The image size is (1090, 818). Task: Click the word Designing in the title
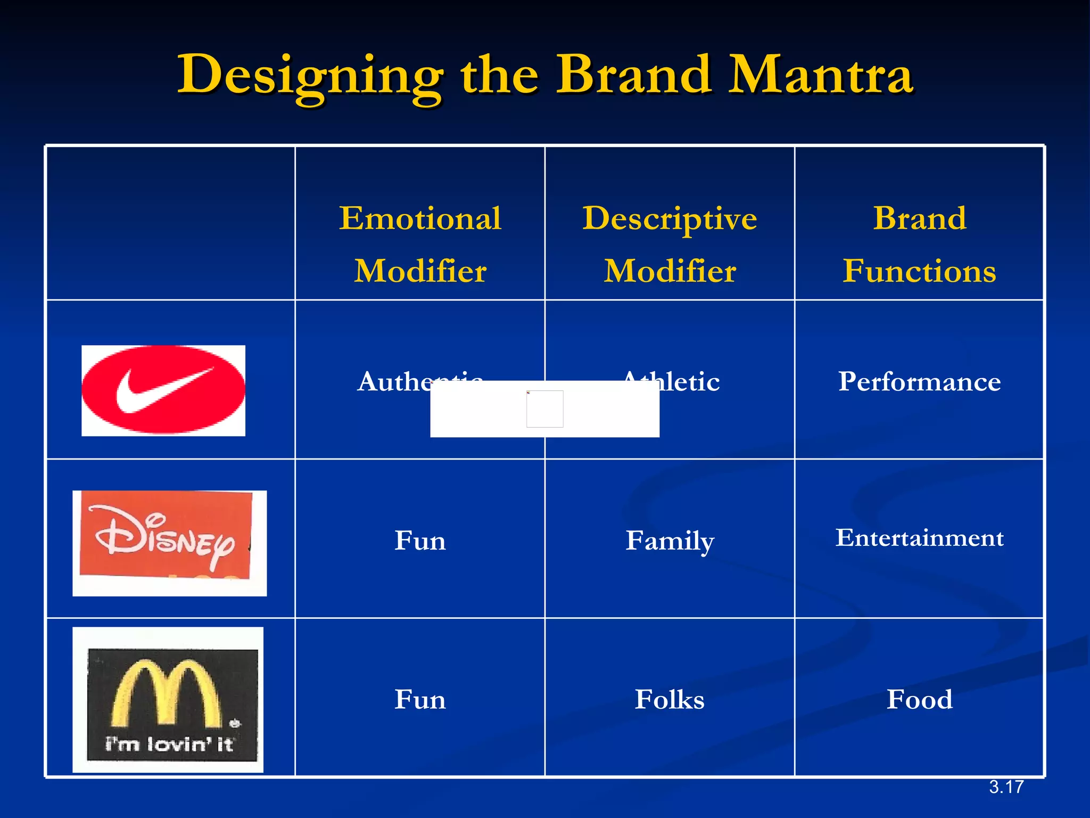310,76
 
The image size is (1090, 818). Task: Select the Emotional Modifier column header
420,244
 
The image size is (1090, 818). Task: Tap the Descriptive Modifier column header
670,244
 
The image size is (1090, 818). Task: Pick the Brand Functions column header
919,244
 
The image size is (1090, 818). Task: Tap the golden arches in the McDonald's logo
166,692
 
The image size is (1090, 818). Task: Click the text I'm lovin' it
169,744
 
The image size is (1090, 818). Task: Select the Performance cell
919,381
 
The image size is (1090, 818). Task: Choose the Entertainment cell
919,537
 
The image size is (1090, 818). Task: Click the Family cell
670,541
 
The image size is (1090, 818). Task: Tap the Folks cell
670,699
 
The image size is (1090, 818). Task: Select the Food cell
919,699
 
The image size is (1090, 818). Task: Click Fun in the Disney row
420,541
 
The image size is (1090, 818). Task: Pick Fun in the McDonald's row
420,699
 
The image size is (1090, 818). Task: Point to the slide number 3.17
1006,787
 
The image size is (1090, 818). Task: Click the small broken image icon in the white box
544,408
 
